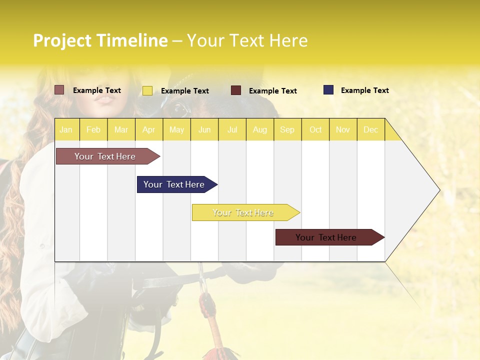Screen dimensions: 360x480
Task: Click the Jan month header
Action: pos(66,129)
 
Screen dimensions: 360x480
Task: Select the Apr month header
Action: pos(148,129)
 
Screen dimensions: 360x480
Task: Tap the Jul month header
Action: pos(232,129)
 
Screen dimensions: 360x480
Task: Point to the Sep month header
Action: pos(287,129)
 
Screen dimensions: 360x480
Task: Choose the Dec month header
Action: pos(370,129)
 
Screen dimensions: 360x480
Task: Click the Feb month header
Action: pos(93,129)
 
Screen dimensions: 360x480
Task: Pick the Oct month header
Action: pos(315,129)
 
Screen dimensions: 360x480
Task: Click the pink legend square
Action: pos(59,90)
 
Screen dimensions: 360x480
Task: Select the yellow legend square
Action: pos(147,90)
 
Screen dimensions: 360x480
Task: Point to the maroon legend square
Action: pos(236,90)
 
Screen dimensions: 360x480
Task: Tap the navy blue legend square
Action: pos(328,90)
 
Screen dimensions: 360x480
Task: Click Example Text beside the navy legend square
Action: pos(364,90)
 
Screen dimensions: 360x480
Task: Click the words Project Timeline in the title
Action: pos(100,40)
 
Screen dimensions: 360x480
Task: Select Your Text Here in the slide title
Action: pos(247,40)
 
